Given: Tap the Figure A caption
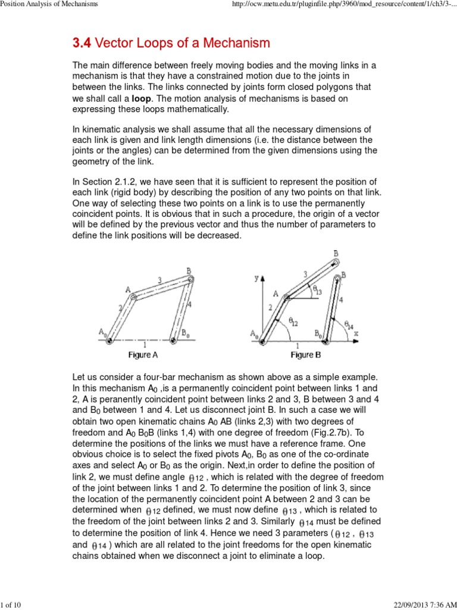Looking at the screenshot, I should pos(143,355).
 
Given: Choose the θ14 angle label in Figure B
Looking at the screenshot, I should pos(352,324).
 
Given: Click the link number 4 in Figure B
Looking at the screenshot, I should pos(340,300).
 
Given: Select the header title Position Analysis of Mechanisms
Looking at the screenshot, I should pos(49,5).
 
